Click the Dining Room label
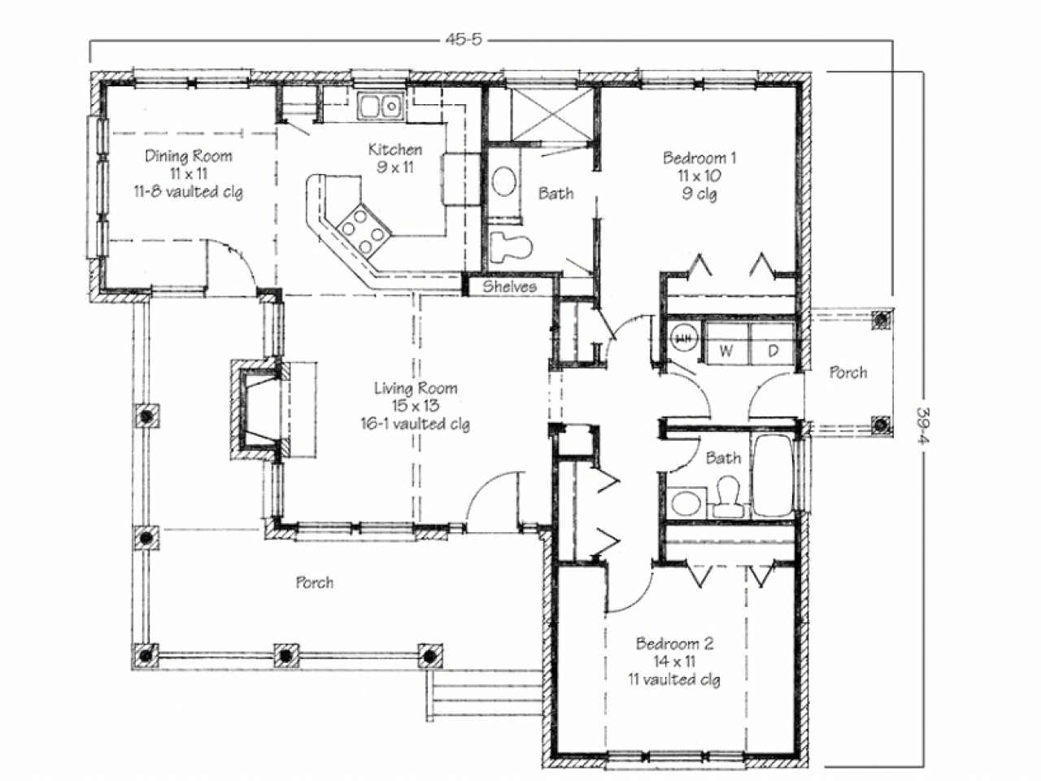[188, 156]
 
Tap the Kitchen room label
[395, 150]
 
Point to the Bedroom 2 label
[674, 644]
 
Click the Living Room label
[415, 389]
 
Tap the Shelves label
[510, 286]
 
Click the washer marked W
[726, 351]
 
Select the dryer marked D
[773, 351]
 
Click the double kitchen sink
[380, 106]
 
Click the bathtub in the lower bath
[773, 476]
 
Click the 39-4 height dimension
[924, 420]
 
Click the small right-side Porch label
[847, 373]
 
